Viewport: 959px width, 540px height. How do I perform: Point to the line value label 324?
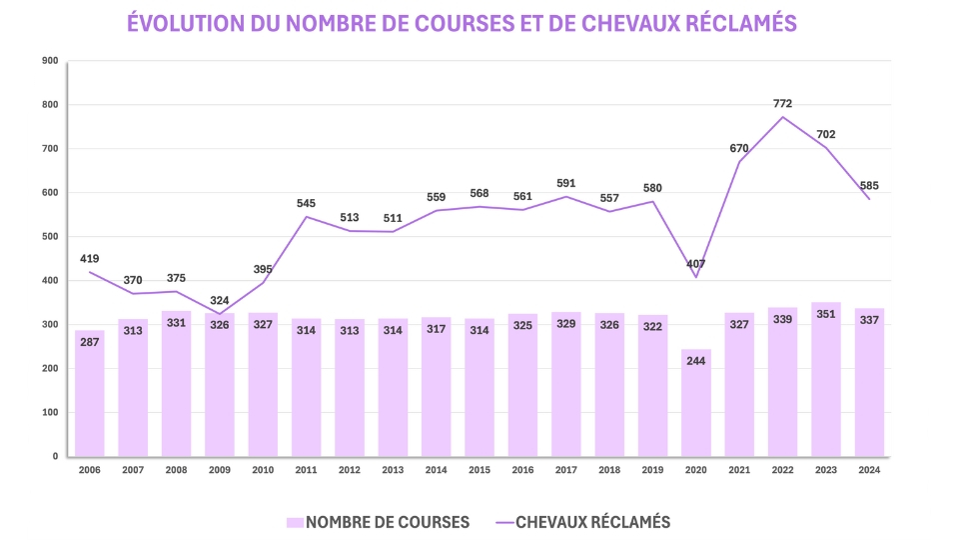(220, 300)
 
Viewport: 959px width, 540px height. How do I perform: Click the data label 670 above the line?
(739, 149)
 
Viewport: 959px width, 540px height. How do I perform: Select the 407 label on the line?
(696, 264)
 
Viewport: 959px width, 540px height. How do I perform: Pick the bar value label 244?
(696, 361)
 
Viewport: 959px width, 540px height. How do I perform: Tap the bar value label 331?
(176, 323)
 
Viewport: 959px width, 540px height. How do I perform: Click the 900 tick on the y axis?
(51, 61)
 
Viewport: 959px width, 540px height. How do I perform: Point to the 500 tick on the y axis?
(51, 237)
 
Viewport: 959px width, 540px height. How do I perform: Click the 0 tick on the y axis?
(56, 456)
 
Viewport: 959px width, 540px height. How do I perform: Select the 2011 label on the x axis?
(306, 469)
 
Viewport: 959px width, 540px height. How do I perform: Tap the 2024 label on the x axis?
(869, 469)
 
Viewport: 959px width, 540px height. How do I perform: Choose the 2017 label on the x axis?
(566, 469)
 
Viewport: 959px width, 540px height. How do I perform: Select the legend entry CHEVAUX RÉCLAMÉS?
(583, 522)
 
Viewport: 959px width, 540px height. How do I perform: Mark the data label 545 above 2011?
(306, 204)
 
